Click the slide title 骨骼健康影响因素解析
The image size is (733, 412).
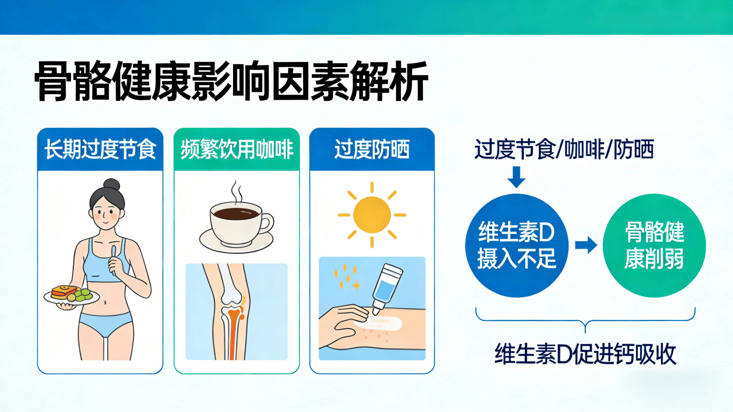click(x=231, y=81)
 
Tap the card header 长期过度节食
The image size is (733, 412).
click(x=100, y=149)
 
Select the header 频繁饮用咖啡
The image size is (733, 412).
click(x=236, y=149)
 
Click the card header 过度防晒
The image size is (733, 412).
click(x=372, y=149)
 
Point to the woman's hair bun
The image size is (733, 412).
click(x=112, y=184)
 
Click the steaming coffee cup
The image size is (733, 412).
click(x=237, y=222)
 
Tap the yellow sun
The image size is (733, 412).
click(x=372, y=215)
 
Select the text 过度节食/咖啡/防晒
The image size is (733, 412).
click(x=564, y=150)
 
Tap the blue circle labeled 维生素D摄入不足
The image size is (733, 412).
click(x=516, y=245)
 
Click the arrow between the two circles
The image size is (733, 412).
click(x=585, y=245)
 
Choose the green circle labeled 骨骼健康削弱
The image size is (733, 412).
click(x=654, y=245)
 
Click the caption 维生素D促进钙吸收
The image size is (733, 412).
click(x=585, y=354)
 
